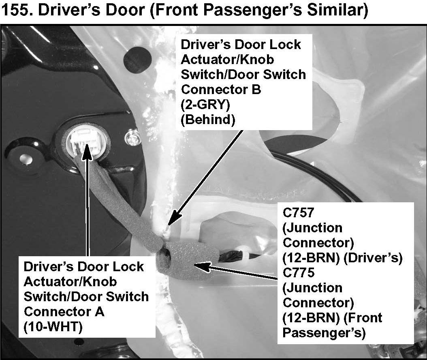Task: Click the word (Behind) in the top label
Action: click(x=208, y=120)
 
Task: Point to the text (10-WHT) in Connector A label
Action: click(x=53, y=326)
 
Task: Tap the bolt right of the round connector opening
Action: click(x=131, y=137)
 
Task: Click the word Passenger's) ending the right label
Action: click(x=324, y=333)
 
